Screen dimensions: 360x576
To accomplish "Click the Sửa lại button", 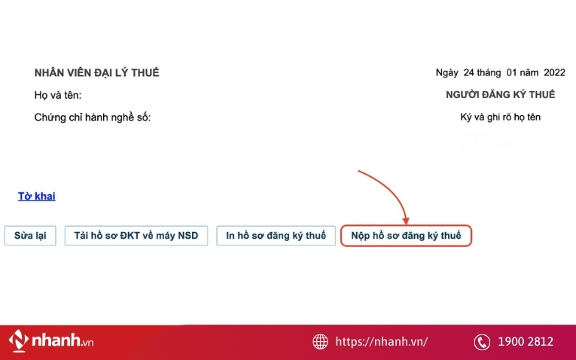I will (30, 236).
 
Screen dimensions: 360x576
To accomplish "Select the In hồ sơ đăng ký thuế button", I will (276, 236).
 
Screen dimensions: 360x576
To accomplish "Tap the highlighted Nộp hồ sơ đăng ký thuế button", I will (406, 236).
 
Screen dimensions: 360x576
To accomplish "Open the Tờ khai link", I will (37, 197).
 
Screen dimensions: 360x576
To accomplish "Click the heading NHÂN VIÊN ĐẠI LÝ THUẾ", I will (96, 73).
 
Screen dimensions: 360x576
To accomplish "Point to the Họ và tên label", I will (58, 95).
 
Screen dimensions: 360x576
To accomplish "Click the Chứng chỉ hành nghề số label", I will (93, 117).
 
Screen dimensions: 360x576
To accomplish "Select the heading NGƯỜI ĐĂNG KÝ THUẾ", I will (500, 95).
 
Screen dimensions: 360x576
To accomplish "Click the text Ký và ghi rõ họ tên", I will (500, 117).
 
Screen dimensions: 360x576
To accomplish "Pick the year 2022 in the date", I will (553, 73).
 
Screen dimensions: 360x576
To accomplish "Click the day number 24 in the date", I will (469, 73).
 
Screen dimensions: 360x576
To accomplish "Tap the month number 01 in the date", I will (512, 73).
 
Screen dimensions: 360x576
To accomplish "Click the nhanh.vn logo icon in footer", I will (19, 341).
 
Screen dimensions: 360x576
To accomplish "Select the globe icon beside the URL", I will (321, 342).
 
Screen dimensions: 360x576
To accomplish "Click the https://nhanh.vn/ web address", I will (382, 342).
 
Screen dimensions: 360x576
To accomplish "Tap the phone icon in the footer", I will (482, 342).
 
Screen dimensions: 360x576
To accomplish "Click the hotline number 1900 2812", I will (526, 342).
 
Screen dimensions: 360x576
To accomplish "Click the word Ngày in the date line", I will (447, 73).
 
